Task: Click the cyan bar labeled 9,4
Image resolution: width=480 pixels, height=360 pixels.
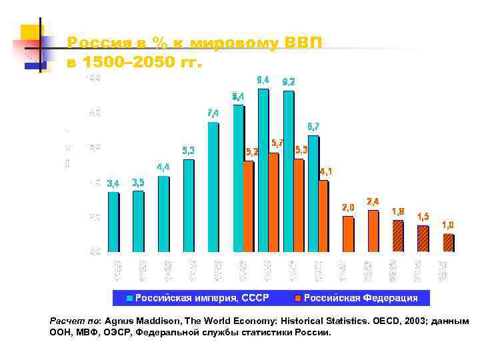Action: click(263, 170)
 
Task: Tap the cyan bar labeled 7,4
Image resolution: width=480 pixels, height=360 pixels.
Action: click(213, 187)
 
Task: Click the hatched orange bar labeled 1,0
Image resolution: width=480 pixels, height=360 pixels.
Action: click(447, 243)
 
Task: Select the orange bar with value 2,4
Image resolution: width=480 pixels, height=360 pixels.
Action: click(373, 231)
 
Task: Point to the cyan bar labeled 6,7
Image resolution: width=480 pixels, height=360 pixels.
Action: click(313, 193)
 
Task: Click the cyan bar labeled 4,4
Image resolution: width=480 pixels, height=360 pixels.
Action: click(163, 213)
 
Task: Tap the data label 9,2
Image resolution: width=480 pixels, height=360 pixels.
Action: click(289, 81)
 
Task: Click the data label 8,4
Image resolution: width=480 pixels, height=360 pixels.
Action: click(238, 96)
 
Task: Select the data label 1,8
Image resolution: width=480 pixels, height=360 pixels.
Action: click(398, 211)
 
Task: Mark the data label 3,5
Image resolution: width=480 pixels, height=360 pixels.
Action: click(139, 181)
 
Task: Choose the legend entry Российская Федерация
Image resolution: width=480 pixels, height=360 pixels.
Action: click(361, 298)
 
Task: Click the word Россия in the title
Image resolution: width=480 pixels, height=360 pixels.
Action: click(93, 43)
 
